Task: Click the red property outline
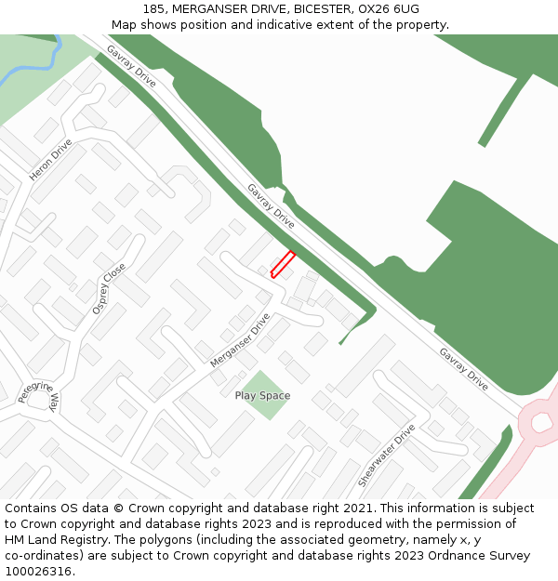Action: pyautogui.click(x=283, y=264)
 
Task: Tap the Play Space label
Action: pyautogui.click(x=262, y=395)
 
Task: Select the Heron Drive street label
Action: pyautogui.click(x=50, y=160)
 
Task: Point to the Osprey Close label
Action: pyautogui.click(x=109, y=287)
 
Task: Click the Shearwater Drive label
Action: pyautogui.click(x=386, y=456)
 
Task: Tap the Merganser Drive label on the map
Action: pyautogui.click(x=240, y=339)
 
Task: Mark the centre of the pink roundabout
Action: pyautogui.click(x=542, y=423)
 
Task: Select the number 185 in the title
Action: pyautogui.click(x=155, y=9)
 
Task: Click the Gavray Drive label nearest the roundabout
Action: pyautogui.click(x=463, y=369)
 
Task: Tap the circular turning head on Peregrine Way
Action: pyautogui.click(x=40, y=401)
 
